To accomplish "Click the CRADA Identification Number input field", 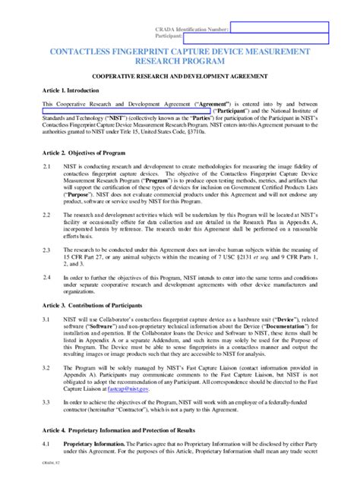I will [279, 27].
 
